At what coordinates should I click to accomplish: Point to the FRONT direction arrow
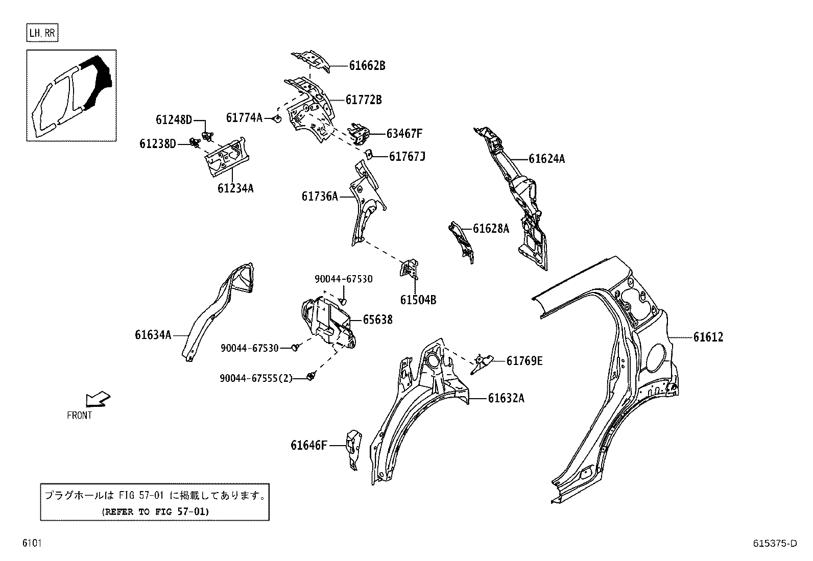98,399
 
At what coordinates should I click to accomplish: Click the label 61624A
546,159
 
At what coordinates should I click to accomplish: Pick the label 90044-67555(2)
256,378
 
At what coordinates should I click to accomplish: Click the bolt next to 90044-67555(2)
310,377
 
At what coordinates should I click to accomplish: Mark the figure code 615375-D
774,544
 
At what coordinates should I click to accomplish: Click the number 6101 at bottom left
31,544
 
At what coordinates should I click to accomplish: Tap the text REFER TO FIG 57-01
155,511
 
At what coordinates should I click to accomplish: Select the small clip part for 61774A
276,119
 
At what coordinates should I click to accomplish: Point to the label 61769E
524,361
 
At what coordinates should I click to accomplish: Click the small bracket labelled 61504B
409,269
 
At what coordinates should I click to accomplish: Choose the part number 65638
377,320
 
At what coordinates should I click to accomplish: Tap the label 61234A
235,188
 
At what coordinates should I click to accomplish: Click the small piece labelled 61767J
369,153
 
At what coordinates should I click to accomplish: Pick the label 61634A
153,335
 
